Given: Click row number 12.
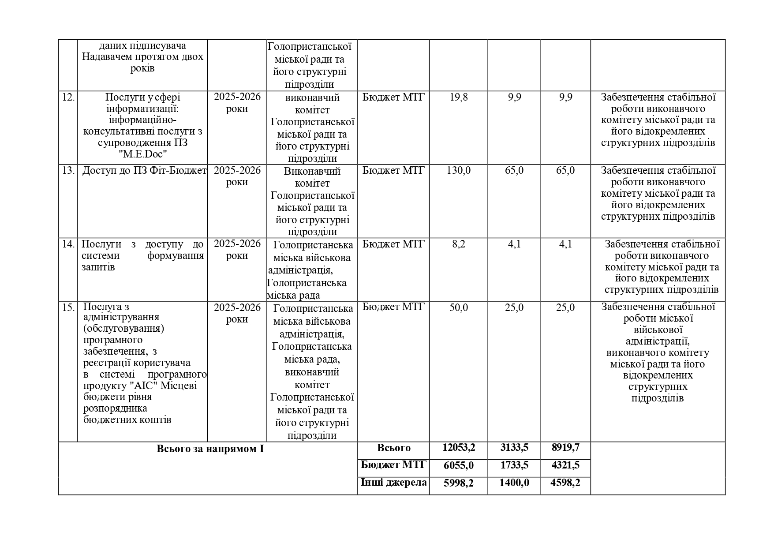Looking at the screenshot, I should [x=68, y=97].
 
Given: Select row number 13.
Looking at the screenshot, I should [x=68, y=171].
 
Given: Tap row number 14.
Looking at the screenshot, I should [x=68, y=244].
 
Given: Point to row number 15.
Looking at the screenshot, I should [x=68, y=307].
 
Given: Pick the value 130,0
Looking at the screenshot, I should [x=458, y=171].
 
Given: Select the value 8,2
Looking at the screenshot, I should [x=458, y=244].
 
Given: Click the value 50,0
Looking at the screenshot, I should [x=458, y=307].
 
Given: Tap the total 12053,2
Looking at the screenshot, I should [x=458, y=448].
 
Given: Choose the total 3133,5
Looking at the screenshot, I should [x=514, y=448].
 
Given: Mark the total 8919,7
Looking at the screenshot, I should [x=565, y=448].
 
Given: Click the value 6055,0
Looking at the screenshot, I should [x=458, y=465].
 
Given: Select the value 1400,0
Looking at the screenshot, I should [x=514, y=483].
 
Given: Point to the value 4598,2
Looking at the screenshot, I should [x=565, y=483].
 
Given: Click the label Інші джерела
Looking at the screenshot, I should [x=393, y=483].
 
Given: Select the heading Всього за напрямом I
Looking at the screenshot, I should [x=210, y=449].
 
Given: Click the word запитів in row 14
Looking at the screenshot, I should [x=98, y=267].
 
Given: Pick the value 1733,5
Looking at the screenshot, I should [x=514, y=465].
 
